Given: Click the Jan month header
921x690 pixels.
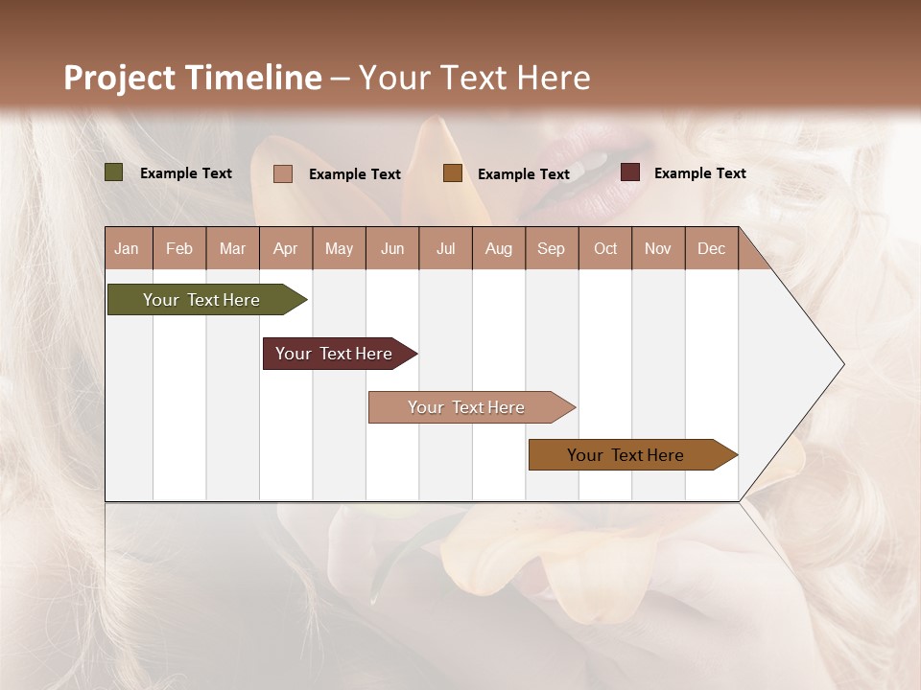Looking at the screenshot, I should pos(127,248).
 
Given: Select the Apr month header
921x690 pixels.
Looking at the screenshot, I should pos(286,248).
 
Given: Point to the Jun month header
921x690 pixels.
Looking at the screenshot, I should pos(392,248).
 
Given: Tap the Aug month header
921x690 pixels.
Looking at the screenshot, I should pos(499,248).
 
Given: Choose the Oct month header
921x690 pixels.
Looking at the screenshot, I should pos(605,248).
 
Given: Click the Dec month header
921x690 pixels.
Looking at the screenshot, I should pos(712,248).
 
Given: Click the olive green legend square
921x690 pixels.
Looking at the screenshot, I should pos(114,172).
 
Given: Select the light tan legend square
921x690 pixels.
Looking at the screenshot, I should pos(283,173).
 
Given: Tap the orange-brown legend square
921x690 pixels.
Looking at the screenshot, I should pos(453,173).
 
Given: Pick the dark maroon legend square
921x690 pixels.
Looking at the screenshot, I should pos(630,172).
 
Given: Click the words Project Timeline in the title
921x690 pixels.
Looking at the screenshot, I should pos(193,78).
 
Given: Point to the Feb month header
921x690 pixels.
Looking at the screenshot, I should pos(179,248).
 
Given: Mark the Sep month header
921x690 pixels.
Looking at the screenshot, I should pos(552,248).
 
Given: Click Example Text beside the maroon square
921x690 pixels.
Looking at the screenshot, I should pos(700,172).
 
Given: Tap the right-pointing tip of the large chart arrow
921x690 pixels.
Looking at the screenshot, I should pos(841,364).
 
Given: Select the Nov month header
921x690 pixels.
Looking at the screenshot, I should pos(658,248).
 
